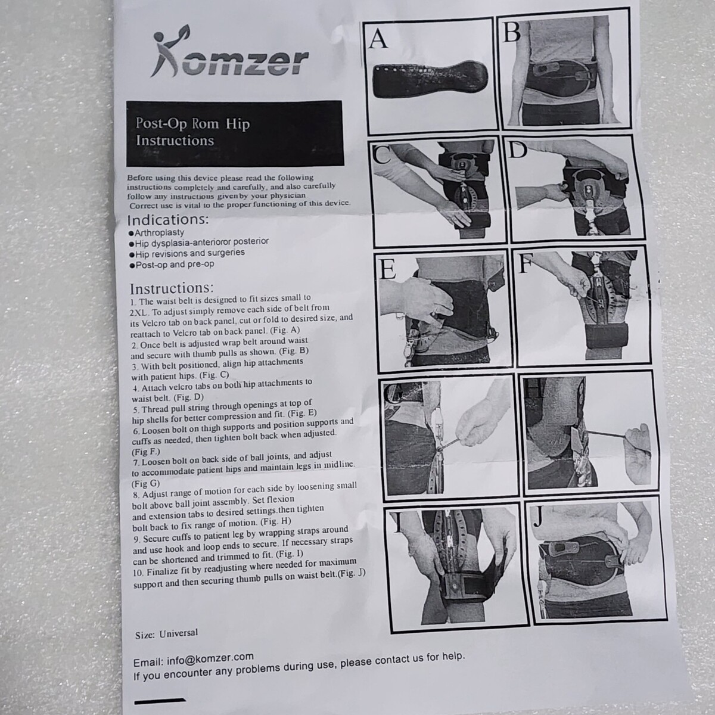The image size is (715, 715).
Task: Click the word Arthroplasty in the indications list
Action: (x=160, y=232)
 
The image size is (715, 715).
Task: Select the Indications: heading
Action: (x=167, y=220)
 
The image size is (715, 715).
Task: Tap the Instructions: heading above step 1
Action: (x=172, y=288)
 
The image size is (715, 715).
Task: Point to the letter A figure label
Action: (x=378, y=39)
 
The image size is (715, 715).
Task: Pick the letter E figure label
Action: (x=388, y=269)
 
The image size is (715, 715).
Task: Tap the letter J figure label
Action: (x=537, y=517)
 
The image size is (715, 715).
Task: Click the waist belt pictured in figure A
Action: (x=429, y=79)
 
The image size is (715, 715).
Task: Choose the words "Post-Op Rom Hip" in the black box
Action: (x=192, y=123)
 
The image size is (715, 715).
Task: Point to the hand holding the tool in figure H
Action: (x=638, y=453)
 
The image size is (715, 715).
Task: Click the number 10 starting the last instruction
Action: (x=138, y=573)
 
